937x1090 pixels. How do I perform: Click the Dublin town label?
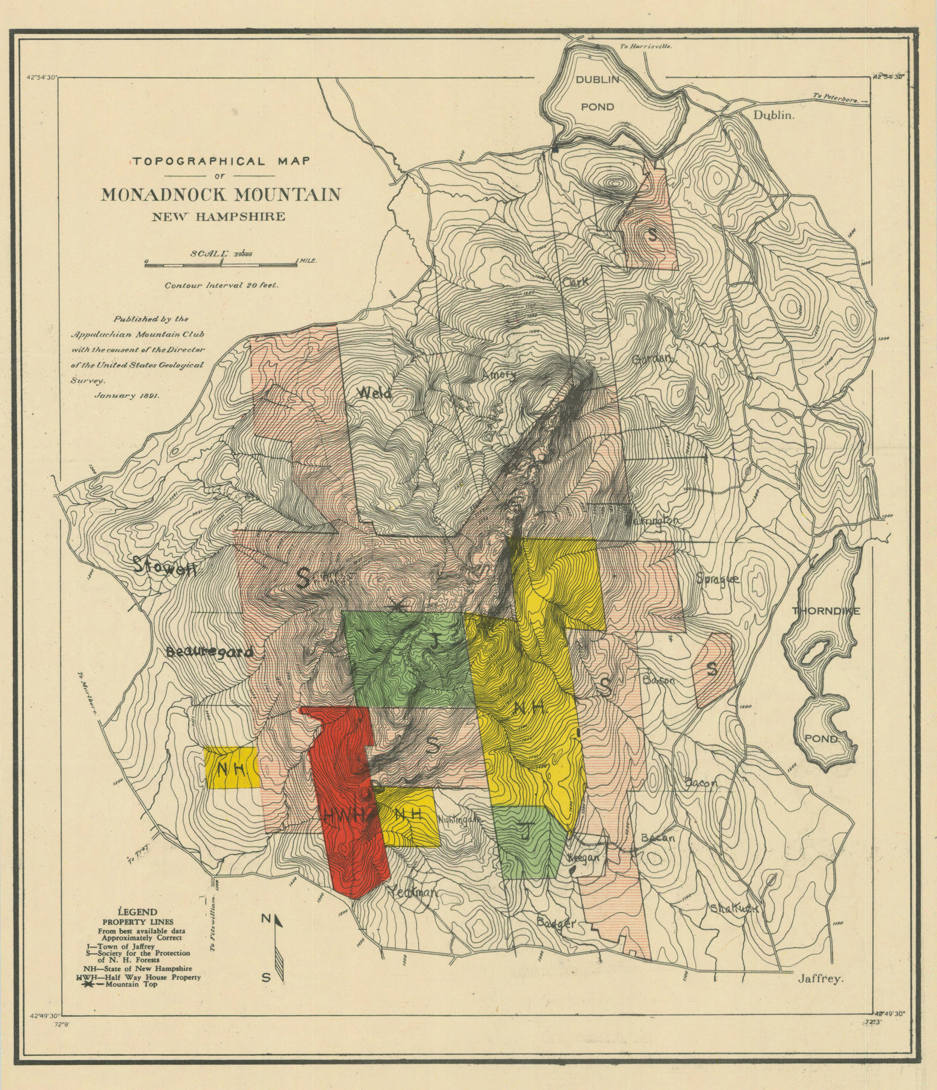774,115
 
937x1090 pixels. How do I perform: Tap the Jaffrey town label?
820,979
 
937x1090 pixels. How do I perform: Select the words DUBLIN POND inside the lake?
597,93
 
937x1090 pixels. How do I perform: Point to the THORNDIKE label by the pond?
826,611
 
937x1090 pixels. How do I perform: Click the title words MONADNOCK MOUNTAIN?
221,195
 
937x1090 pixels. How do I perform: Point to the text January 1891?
127,396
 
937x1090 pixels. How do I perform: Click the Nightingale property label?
459,819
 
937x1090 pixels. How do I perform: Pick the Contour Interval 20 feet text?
222,285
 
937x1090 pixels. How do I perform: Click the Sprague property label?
718,579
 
